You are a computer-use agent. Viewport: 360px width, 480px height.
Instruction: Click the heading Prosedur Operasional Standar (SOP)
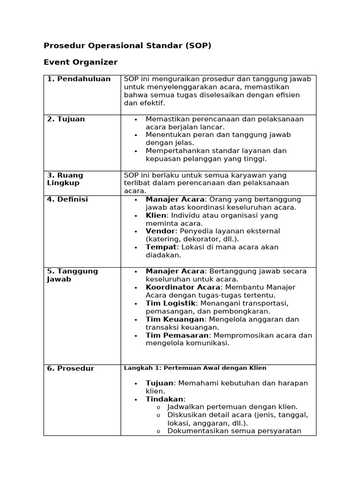127,46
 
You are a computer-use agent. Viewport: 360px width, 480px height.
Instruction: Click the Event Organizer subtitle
81,62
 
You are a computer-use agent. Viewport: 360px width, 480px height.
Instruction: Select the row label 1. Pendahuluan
79,79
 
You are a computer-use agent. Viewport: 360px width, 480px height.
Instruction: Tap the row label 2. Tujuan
66,119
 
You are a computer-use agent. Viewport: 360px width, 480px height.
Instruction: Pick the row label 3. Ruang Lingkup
65,179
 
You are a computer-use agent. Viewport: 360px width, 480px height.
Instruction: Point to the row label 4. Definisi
67,200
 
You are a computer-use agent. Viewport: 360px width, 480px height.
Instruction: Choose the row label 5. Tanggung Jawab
72,275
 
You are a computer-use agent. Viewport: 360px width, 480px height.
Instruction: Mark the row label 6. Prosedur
70,368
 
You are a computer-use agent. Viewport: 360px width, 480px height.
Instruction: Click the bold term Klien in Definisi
156,216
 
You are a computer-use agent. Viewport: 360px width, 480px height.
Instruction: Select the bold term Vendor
160,231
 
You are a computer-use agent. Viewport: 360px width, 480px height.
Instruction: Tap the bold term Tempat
160,247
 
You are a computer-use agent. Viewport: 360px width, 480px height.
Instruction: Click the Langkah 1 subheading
195,368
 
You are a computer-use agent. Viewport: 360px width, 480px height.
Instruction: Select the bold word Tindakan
164,399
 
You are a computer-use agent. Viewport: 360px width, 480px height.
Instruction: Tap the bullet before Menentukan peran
135,135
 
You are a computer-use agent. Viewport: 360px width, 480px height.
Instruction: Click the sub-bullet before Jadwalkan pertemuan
158,407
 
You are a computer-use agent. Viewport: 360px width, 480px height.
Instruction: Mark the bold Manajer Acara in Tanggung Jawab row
175,271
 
